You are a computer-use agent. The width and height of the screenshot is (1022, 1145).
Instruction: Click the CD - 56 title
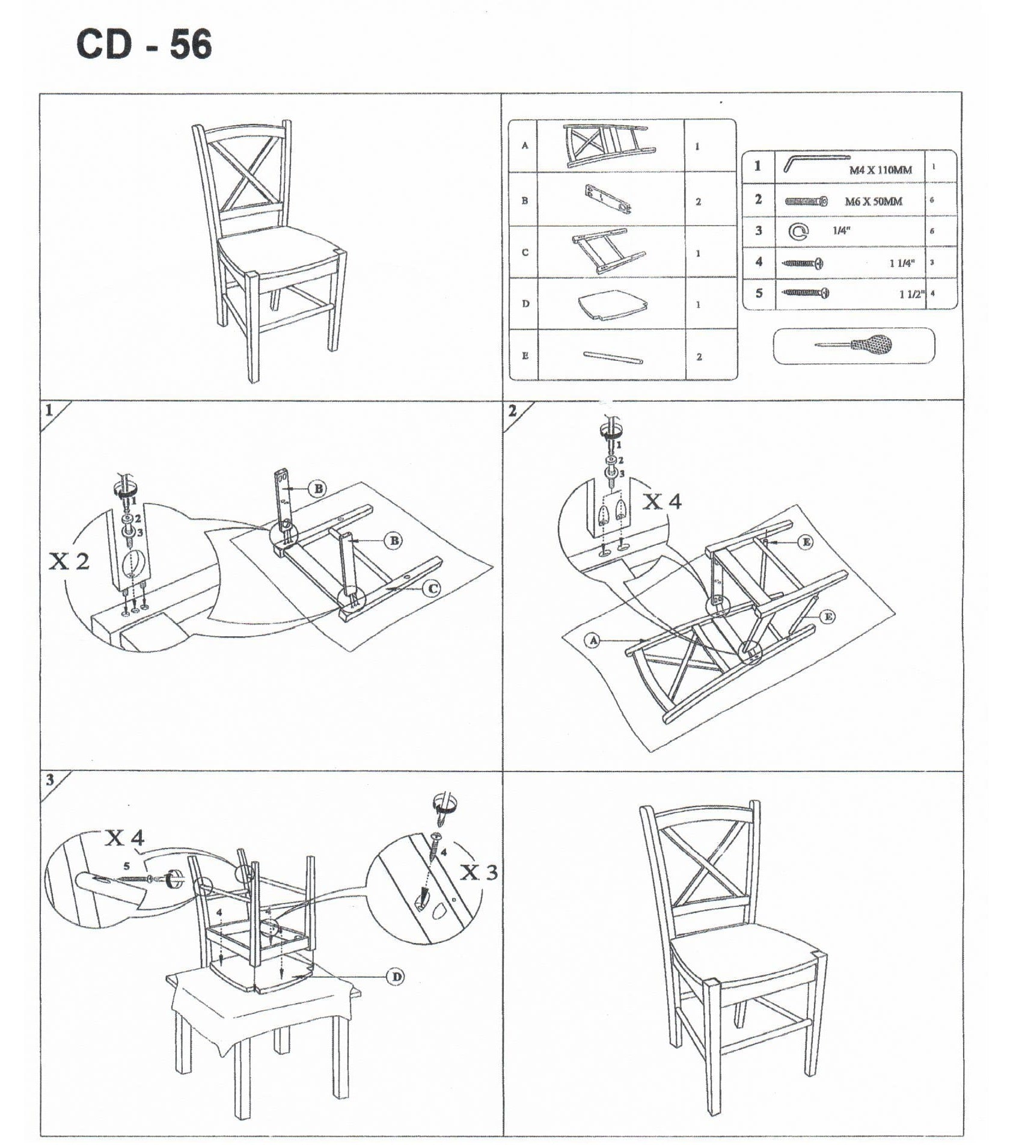coord(144,45)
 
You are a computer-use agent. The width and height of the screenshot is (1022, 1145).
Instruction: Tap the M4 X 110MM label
coord(880,170)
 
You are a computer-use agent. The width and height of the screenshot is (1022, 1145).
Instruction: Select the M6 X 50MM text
coord(874,201)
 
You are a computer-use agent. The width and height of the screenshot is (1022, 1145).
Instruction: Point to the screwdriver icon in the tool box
coord(854,345)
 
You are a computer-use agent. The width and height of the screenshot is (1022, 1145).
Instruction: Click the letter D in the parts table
coord(525,304)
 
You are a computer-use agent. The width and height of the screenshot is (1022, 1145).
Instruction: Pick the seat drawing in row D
coord(611,305)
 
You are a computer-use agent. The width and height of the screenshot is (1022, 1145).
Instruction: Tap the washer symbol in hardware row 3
coord(799,231)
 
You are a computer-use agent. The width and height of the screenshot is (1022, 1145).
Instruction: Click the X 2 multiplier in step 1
coord(69,561)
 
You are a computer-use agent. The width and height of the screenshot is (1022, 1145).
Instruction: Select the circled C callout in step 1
coord(431,589)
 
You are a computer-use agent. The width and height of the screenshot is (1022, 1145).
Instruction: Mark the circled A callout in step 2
coord(594,640)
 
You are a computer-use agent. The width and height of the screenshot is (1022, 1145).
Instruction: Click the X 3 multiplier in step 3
coord(479,873)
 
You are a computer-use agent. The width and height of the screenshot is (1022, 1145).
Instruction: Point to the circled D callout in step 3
coord(397,977)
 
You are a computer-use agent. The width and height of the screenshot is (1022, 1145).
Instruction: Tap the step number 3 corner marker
coord(50,780)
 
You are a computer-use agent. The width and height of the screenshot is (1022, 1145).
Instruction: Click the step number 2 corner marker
coord(512,411)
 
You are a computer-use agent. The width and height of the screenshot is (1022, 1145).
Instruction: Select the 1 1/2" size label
coord(911,294)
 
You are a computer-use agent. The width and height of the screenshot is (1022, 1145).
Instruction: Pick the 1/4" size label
coord(842,231)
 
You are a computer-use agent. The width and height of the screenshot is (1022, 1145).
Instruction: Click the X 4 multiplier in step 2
coord(662,501)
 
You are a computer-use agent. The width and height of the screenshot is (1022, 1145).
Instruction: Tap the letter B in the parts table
coord(525,200)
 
